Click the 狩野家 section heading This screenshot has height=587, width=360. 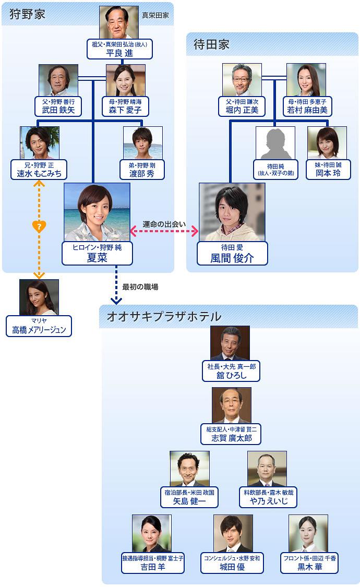click(27, 14)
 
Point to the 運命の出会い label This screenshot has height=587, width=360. click(164, 224)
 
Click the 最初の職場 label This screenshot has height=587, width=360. click(140, 286)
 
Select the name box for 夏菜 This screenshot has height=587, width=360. click(97, 253)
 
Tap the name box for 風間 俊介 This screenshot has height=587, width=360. click(232, 253)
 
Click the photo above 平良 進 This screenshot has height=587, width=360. click(119, 22)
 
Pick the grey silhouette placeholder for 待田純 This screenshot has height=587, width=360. click(275, 142)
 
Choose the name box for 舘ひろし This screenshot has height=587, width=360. click(231, 371)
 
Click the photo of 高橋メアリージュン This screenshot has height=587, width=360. click(39, 297)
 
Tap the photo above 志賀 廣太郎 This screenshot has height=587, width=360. click(231, 405)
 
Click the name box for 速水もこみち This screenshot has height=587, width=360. click(39, 170)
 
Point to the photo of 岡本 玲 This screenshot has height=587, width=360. click(327, 142)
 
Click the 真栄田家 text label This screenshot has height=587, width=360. click(155, 16)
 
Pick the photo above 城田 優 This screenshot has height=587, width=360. click(233, 533)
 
